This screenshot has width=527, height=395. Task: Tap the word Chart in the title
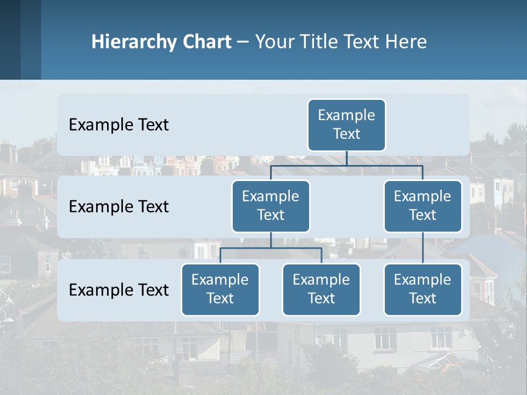click(x=207, y=42)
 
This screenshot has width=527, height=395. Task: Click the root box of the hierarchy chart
click(x=346, y=125)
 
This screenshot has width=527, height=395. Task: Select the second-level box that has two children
click(x=271, y=206)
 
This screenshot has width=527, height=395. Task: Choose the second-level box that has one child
click(x=423, y=206)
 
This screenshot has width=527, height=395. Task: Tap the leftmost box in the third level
click(x=220, y=290)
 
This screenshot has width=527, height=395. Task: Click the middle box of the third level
click(x=321, y=290)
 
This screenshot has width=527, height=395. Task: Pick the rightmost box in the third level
click(x=423, y=290)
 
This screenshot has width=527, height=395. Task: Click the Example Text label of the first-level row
click(x=119, y=125)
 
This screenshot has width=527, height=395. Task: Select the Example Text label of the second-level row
click(x=119, y=207)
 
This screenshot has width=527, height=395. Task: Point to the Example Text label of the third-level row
click(x=119, y=290)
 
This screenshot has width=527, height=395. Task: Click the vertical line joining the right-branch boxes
click(x=423, y=248)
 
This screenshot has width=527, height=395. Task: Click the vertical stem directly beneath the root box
click(x=346, y=158)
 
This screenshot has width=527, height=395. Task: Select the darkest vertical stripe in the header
click(x=10, y=39)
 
